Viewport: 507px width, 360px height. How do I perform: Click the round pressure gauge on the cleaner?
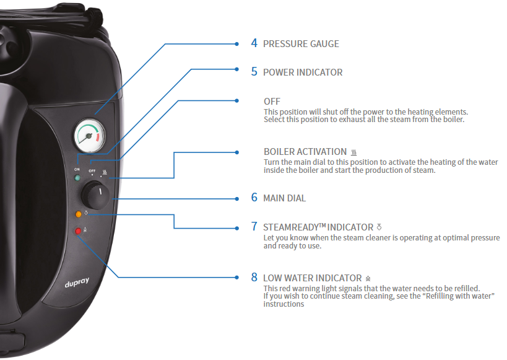pos(90,136)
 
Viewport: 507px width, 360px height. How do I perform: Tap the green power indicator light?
pos(77,178)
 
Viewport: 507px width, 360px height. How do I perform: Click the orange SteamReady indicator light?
pos(78,214)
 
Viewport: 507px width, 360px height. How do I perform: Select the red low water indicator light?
pos(78,231)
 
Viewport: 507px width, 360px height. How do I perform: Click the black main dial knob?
pos(95,195)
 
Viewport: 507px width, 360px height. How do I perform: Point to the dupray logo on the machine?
pos(77,283)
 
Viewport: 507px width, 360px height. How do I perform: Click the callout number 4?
pos(254,43)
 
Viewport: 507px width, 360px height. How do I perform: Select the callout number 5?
pos(254,71)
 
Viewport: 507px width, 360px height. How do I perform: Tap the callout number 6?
pos(254,198)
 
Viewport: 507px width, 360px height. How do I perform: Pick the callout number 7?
pos(254,226)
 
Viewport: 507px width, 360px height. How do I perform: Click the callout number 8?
pos(254,277)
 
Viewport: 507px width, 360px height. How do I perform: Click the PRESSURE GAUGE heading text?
pos(301,44)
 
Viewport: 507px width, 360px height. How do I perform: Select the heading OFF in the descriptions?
pos(272,102)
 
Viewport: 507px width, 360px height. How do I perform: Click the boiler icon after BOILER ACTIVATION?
pos(353,152)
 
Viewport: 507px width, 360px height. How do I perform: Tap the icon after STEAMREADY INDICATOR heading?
pos(379,227)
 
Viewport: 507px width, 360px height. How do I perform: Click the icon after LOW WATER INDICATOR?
pos(368,278)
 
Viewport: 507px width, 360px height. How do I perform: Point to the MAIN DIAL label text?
pos(285,198)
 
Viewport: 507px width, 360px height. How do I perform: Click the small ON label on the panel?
pos(77,169)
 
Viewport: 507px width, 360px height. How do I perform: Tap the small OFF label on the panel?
pos(92,170)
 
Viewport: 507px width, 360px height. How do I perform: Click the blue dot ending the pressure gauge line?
pos(237,44)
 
